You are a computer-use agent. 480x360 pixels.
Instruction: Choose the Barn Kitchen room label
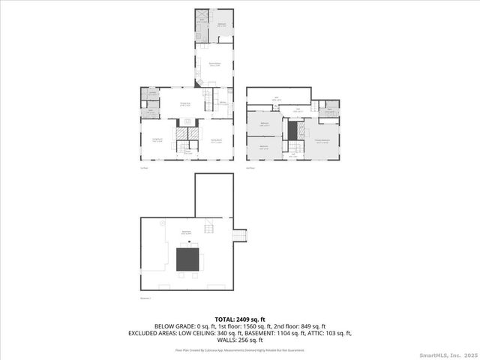pos(214,64)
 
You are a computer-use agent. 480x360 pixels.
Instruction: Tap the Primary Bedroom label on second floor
pos(322,140)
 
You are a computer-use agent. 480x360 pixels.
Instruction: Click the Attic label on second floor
pos(276,97)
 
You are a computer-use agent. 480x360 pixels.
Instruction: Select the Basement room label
pos(185,232)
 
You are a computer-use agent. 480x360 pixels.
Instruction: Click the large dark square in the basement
pos(188,259)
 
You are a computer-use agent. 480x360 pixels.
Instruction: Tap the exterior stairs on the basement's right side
pos(240,235)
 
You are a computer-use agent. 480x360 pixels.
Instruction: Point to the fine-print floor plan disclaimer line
pos(239,349)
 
